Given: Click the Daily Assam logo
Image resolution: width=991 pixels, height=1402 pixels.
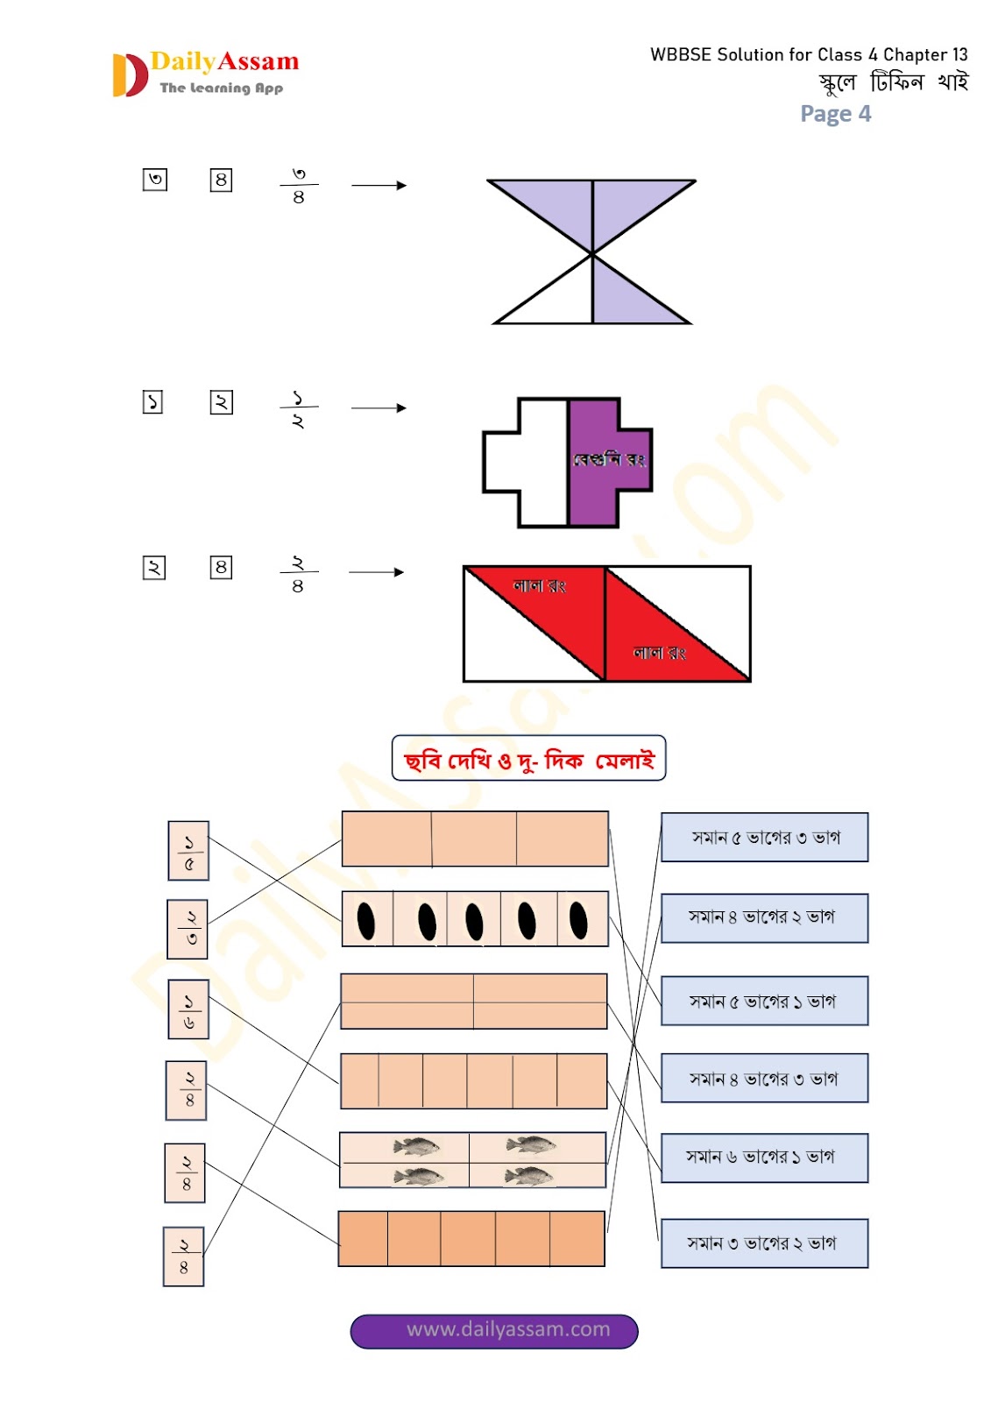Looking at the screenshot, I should click(x=206, y=74).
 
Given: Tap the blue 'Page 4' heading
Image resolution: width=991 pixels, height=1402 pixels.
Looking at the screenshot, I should click(x=835, y=114).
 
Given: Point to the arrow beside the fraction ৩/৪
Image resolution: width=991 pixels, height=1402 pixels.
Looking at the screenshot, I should click(x=379, y=186).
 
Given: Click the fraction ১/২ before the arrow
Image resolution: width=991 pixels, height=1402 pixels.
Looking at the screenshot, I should click(x=298, y=408).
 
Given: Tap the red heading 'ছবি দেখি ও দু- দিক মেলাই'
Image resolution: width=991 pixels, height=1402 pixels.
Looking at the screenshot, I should click(x=528, y=759).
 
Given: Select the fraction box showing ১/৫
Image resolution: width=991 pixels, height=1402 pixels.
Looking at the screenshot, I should click(x=188, y=851).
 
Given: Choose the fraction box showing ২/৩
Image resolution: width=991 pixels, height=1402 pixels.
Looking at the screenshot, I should click(x=188, y=929).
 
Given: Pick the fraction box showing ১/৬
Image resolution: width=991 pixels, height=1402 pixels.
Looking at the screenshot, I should click(x=188, y=1009).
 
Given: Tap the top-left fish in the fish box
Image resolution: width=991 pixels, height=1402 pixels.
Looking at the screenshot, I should click(x=417, y=1145).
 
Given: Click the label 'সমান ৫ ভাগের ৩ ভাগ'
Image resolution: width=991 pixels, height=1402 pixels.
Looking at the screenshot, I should click(x=764, y=838).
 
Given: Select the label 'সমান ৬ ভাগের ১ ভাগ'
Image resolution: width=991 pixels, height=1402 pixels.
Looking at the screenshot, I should click(x=764, y=1158).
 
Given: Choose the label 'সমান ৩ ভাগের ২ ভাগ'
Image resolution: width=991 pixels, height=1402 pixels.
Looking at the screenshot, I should click(x=764, y=1243).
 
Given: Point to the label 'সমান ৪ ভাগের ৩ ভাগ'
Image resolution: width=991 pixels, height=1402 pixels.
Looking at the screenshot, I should click(x=764, y=1079).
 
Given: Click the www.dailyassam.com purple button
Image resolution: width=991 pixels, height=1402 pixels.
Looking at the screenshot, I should click(x=494, y=1330).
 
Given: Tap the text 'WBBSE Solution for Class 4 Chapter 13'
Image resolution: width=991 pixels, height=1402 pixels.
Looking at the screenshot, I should click(x=808, y=54).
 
